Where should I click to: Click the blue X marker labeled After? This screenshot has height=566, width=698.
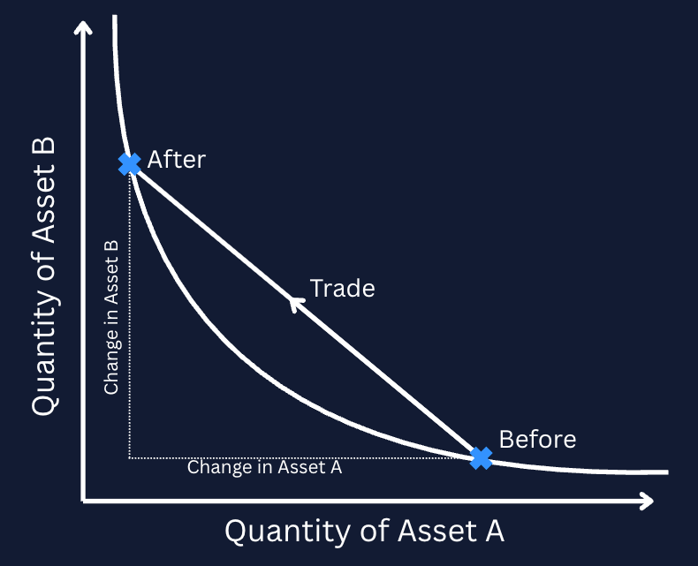130,163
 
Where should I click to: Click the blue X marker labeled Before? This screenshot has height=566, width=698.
481,458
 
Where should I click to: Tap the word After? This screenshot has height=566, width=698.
177,159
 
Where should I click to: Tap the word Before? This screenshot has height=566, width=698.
537,439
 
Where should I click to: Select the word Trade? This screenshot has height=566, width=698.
342,289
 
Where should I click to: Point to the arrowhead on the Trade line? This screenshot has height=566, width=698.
296,304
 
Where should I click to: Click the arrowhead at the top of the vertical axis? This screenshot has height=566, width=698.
83,27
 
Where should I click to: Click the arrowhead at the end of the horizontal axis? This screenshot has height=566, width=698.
647,501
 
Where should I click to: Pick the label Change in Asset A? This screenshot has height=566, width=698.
264,467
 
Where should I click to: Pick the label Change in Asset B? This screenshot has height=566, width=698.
110,317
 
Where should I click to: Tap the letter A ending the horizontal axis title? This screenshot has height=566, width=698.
495,531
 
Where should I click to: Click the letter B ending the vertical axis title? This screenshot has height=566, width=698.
44,146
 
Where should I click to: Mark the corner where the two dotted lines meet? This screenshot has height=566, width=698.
129,458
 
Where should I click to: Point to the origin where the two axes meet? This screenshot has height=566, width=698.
83,501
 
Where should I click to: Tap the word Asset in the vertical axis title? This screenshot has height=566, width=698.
44,204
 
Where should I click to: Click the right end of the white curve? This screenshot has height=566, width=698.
668,472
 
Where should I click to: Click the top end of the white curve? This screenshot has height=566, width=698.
114,16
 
